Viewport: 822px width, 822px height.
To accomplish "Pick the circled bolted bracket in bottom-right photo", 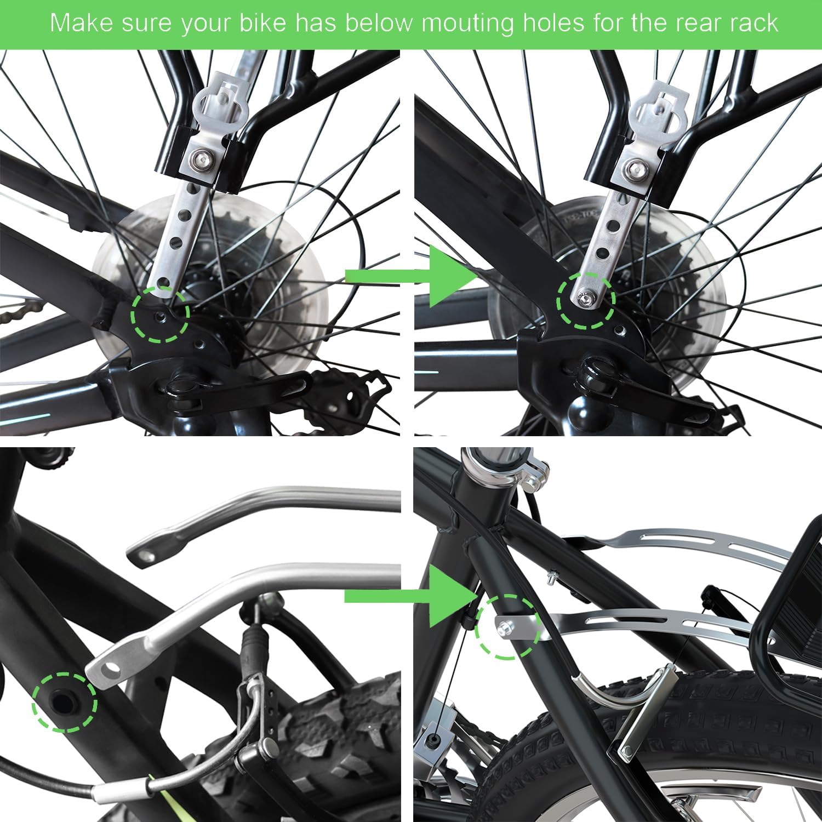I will [x=507, y=625].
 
